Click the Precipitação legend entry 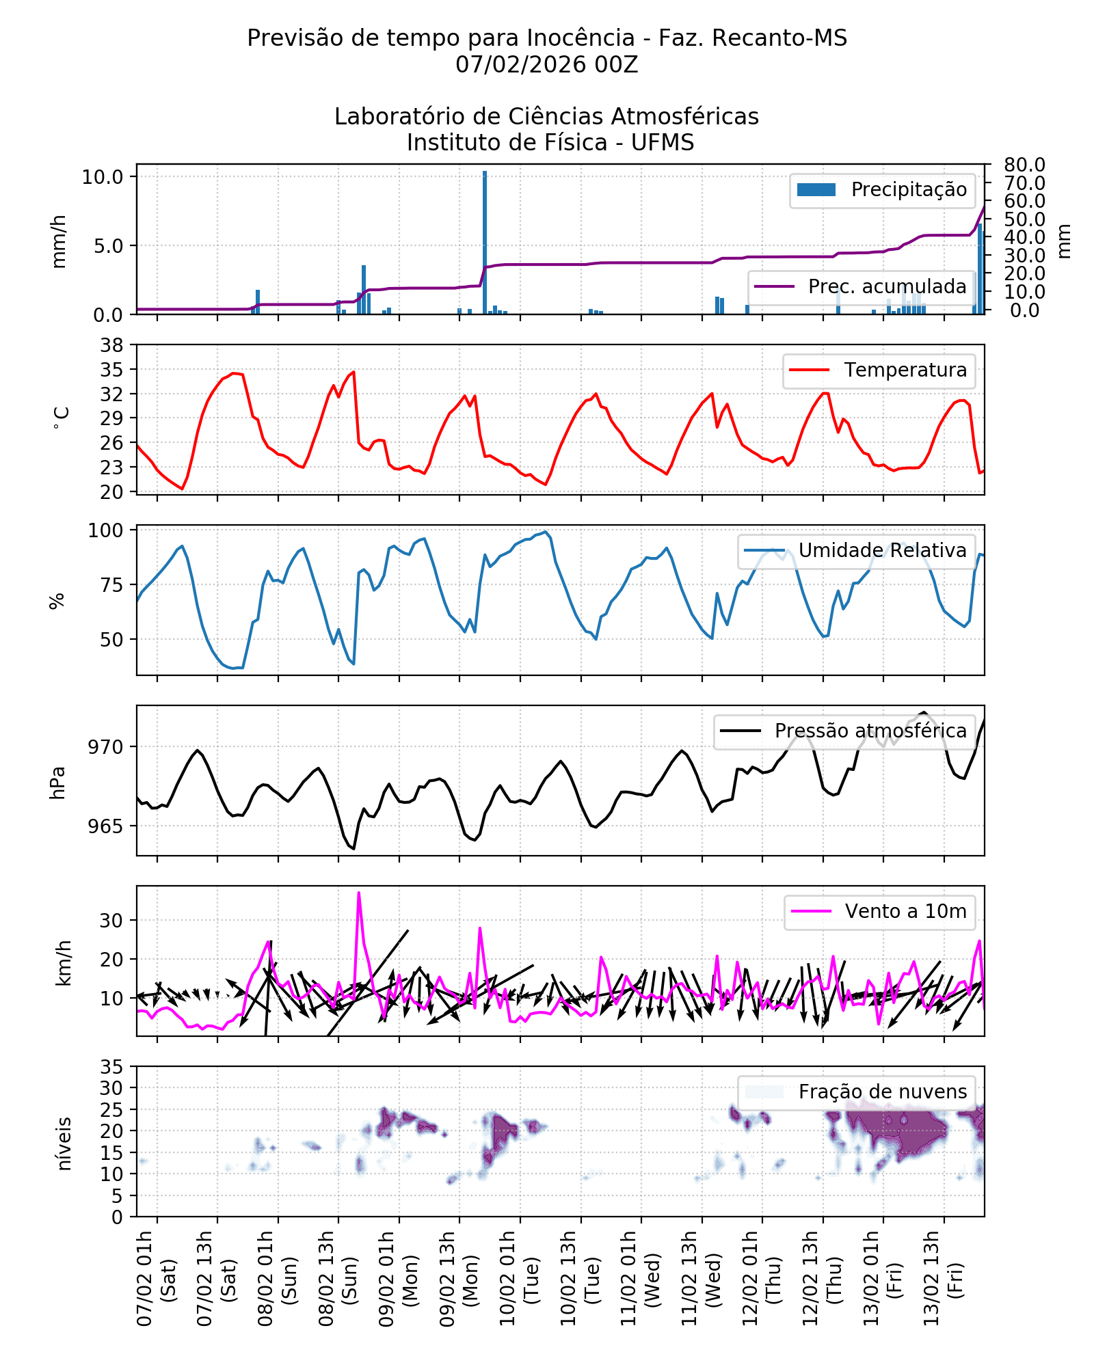tap(882, 190)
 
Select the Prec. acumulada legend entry tap(862, 286)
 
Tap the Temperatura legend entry tap(879, 370)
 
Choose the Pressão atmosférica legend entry tap(844, 731)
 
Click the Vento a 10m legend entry tap(879, 912)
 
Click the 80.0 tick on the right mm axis tap(1024, 165)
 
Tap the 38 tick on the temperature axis tap(111, 345)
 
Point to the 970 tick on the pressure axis tap(106, 747)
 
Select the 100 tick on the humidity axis tap(106, 530)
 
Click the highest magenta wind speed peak tap(358, 893)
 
